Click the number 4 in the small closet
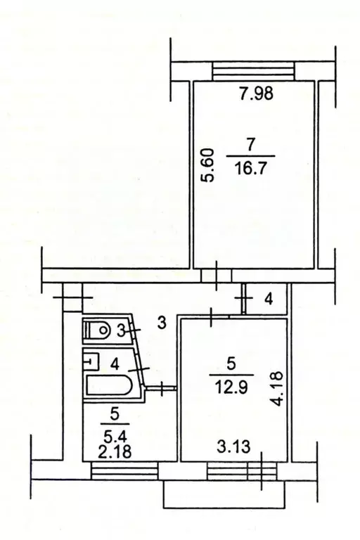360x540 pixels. [268, 300]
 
